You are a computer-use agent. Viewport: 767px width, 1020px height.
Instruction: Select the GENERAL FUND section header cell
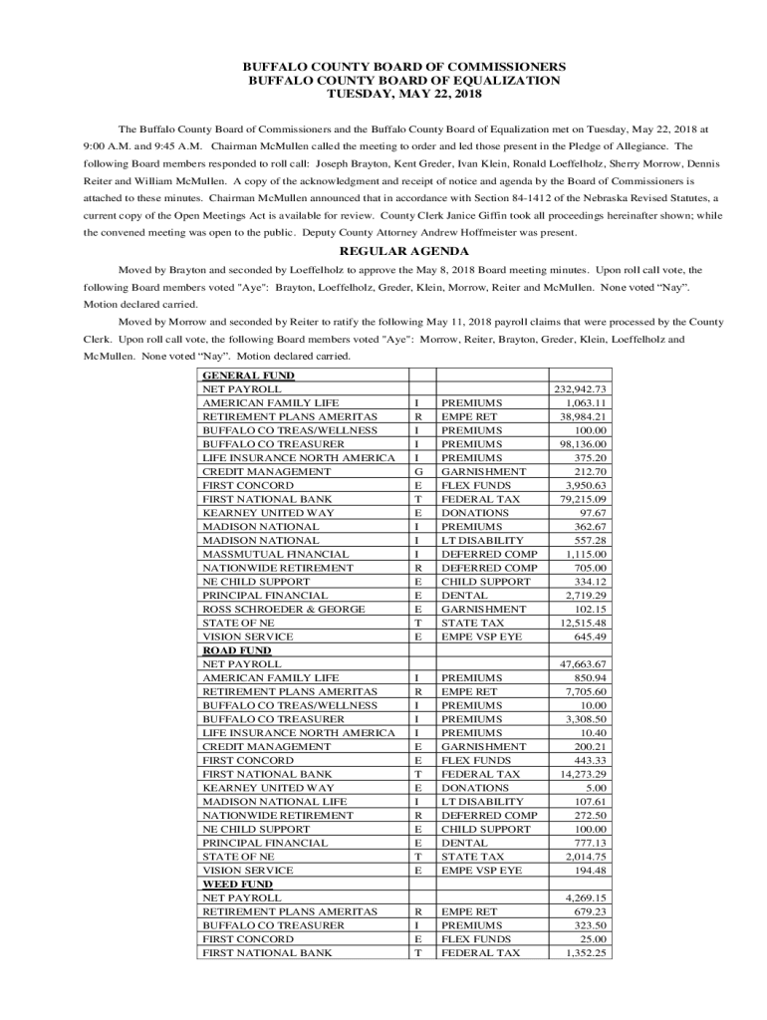pyautogui.click(x=235, y=376)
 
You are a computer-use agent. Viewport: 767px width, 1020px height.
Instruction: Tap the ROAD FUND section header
pyautogui.click(x=228, y=650)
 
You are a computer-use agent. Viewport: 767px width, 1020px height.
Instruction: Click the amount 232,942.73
pyautogui.click(x=581, y=389)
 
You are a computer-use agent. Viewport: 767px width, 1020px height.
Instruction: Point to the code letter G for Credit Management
pyautogui.click(x=419, y=471)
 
